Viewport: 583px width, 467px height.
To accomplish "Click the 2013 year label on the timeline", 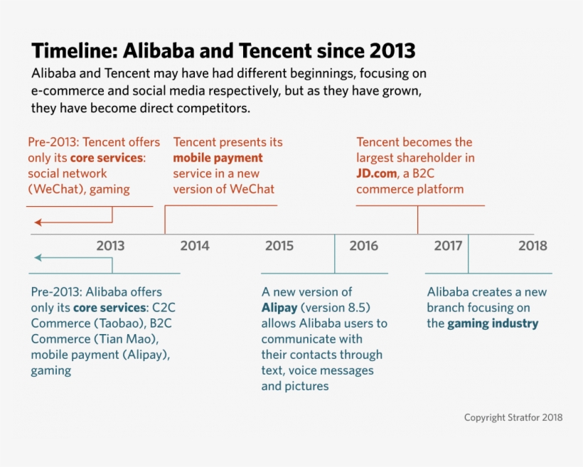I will pos(110,246).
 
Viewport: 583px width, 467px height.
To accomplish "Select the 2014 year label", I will pos(195,246).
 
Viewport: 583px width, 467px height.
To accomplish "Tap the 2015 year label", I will pos(279,246).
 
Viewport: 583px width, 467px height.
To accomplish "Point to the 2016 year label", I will pos(364,246).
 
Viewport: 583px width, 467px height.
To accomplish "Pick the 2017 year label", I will pos(448,246).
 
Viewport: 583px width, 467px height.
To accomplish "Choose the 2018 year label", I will pos(533,246).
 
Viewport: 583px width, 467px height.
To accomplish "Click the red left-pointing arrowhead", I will pos(38,222).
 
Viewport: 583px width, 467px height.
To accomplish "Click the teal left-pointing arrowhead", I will pos(38,258).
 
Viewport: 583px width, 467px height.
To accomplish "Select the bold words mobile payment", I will pos(218,158).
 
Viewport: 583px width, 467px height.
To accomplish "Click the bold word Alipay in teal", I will pos(279,308).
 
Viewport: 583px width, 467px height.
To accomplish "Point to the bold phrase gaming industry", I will pos(493,323).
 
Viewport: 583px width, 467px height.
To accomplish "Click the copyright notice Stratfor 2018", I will pos(513,417).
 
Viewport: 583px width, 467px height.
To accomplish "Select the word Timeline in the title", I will pos(74,51).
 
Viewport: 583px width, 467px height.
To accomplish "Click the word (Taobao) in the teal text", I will pos(117,323).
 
